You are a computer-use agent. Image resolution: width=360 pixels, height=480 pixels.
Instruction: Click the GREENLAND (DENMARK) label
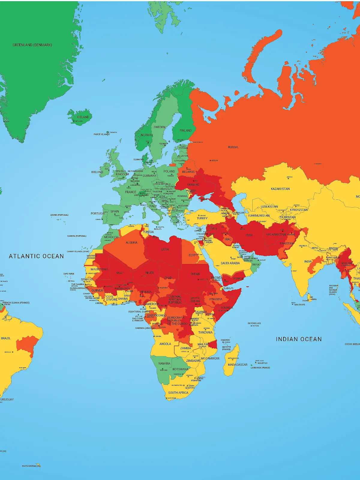[32, 45]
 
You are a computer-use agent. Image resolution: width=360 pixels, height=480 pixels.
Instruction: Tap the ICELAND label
[83, 117]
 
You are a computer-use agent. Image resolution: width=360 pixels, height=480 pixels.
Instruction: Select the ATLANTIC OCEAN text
[36, 256]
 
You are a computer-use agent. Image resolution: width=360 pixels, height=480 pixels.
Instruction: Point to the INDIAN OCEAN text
[298, 339]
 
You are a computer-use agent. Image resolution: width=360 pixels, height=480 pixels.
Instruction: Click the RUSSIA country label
[233, 147]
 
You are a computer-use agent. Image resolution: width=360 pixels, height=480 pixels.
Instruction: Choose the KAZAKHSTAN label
[280, 189]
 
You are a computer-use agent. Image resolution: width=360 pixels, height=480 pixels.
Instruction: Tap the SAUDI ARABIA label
[230, 263]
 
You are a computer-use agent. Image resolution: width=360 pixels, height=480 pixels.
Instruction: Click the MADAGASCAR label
[237, 365]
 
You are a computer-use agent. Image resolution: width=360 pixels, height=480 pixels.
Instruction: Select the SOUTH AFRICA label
[178, 393]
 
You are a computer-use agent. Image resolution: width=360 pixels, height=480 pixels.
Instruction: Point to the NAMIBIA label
[164, 364]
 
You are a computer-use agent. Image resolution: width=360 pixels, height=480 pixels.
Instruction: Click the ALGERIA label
[131, 243]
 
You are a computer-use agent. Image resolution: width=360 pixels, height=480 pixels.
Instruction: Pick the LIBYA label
[165, 250]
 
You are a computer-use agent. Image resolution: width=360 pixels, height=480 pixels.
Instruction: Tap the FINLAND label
[185, 130]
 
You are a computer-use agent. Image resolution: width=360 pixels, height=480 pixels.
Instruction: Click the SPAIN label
[115, 211]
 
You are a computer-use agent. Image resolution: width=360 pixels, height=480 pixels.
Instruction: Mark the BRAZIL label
[6, 338]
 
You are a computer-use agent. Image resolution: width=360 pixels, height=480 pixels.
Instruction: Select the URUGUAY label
[7, 400]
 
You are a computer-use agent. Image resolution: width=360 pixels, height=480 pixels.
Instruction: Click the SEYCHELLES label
[254, 323]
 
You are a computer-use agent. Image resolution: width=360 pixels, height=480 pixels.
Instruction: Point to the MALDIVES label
[299, 305]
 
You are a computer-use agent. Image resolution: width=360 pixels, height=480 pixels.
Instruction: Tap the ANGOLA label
[165, 344]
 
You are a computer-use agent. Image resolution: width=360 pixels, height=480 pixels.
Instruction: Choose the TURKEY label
[202, 218]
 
